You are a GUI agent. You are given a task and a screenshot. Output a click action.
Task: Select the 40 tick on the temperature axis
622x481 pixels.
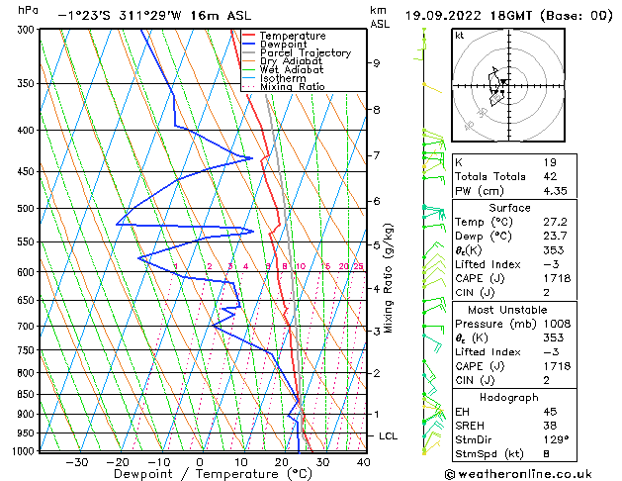coord(363,462)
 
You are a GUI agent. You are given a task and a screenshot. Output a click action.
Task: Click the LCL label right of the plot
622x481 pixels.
coord(389,436)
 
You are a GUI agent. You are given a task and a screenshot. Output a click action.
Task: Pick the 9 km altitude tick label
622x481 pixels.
coord(377,63)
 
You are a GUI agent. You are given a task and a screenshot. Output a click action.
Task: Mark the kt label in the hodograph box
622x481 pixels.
coord(459,35)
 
